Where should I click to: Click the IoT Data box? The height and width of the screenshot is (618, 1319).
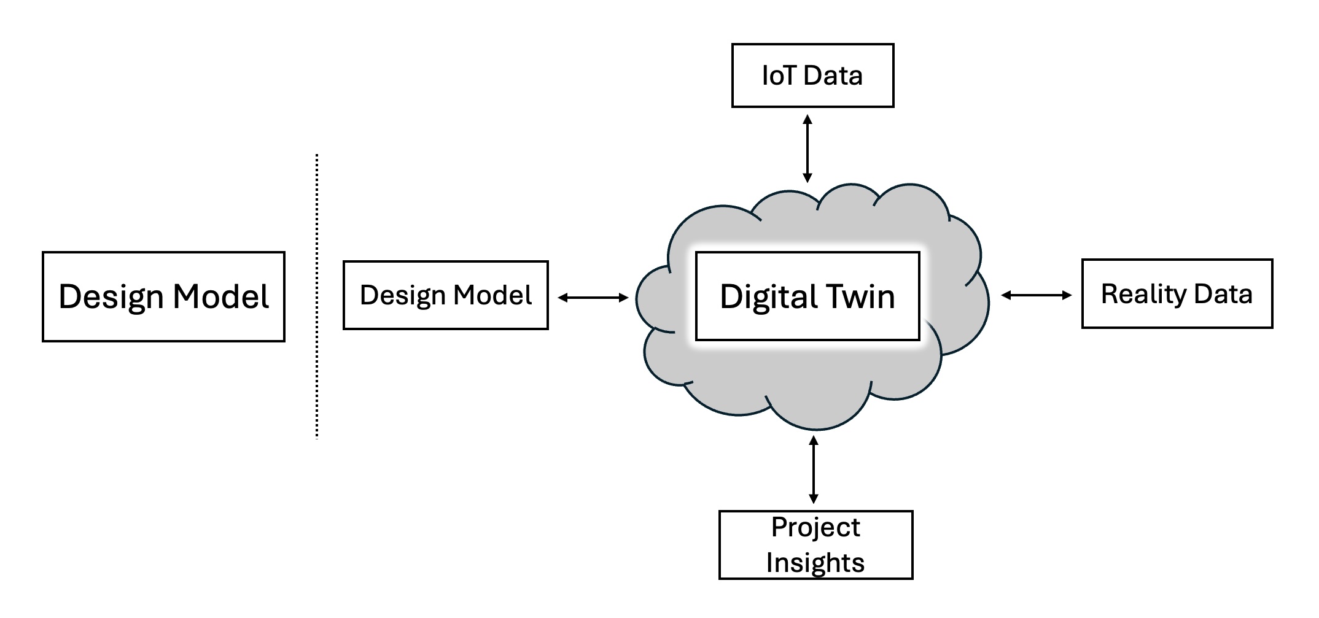point(812,75)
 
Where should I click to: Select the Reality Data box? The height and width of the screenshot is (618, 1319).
point(1177,294)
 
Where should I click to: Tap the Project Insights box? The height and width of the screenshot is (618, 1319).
point(815,545)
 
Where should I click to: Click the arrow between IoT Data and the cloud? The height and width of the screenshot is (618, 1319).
point(807,149)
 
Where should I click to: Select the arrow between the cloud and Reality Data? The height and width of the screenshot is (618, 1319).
point(1036,295)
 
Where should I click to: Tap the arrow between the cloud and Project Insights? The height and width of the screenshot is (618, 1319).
point(814,469)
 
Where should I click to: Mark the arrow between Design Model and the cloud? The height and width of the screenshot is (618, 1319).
point(593,298)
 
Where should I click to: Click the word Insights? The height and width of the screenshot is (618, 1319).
point(815,563)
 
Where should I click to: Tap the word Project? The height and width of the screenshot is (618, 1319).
point(815,527)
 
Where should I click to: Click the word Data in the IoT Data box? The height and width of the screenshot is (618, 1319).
point(833,75)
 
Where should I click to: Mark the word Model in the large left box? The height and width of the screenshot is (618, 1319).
point(220,296)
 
